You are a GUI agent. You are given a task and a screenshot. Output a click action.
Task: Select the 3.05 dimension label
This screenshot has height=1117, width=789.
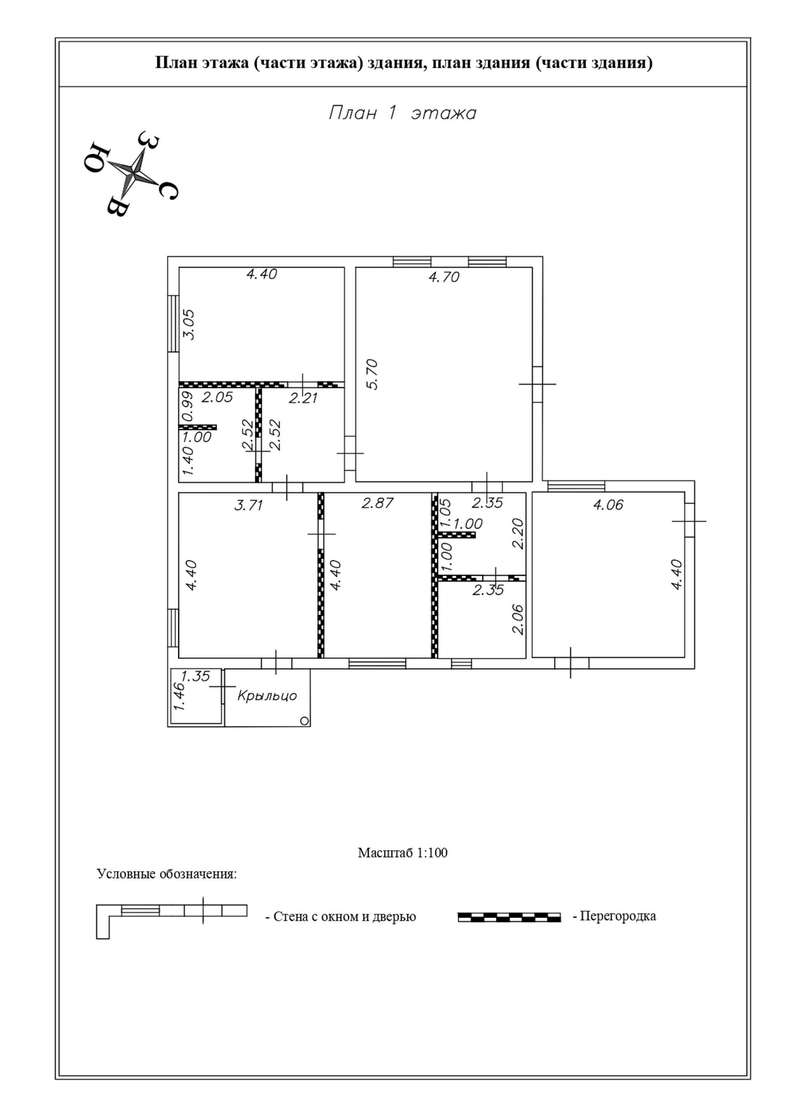click(189, 324)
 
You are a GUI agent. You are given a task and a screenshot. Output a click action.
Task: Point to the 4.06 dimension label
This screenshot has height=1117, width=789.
click(608, 504)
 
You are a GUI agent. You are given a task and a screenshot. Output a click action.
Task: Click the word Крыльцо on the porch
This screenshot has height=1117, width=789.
click(267, 695)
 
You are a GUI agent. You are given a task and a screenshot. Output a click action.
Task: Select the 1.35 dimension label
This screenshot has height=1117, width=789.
click(196, 676)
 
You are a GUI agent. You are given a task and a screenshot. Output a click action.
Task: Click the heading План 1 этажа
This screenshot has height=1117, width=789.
click(402, 113)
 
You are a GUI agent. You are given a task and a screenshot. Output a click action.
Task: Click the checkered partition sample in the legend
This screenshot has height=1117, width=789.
click(509, 917)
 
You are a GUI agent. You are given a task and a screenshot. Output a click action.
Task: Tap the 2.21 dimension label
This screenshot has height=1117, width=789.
click(303, 398)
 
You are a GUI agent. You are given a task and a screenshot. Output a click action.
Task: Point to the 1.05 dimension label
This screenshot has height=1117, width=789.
click(445, 512)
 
